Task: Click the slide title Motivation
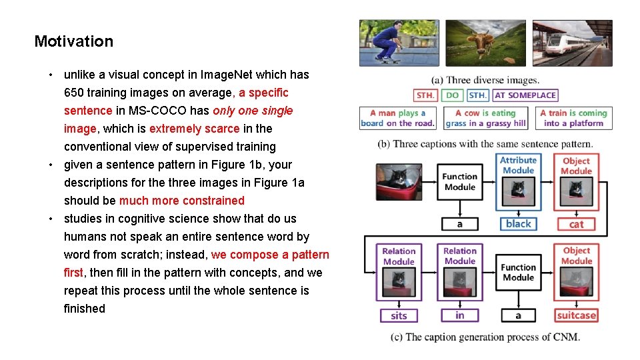pyautogui.click(x=74, y=41)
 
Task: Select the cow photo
pyautogui.click(x=485, y=43)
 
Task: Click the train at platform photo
pyautogui.click(x=572, y=43)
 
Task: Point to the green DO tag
pyautogui.click(x=452, y=95)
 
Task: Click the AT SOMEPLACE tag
pyautogui.click(x=525, y=95)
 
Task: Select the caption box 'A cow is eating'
pyautogui.click(x=485, y=118)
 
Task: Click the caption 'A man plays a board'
pyautogui.click(x=398, y=118)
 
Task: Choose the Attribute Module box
pyautogui.click(x=518, y=165)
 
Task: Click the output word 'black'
pyautogui.click(x=518, y=224)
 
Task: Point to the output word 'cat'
pyautogui.click(x=576, y=224)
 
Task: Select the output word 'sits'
pyautogui.click(x=399, y=315)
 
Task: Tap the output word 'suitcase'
pyautogui.click(x=576, y=315)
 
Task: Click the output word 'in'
pyautogui.click(x=460, y=315)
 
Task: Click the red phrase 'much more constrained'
pyautogui.click(x=181, y=201)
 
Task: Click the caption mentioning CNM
pyautogui.click(x=485, y=337)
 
